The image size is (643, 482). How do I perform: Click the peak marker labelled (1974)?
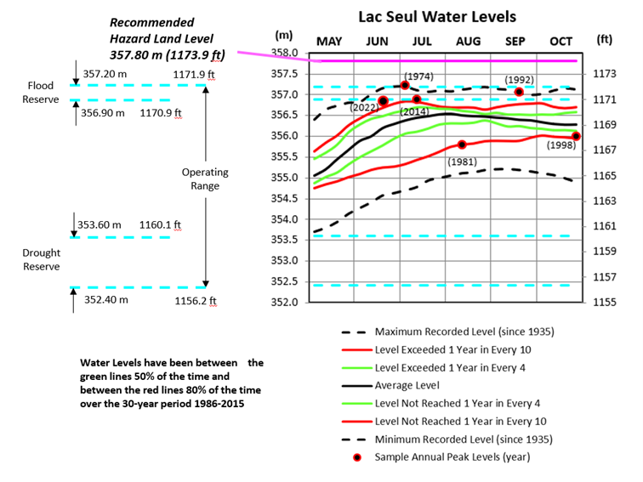point(405,85)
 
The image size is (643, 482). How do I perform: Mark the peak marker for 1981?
point(462,145)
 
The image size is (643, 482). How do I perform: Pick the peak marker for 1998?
point(577,136)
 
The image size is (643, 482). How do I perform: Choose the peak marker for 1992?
point(519,92)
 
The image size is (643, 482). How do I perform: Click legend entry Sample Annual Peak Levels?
point(464,457)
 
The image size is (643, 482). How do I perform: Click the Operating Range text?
point(204,179)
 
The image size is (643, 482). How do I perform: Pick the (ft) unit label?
point(605,39)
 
